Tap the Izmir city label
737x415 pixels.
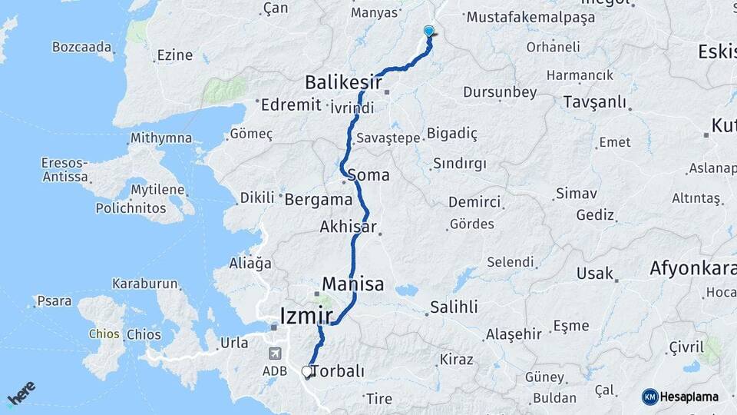coord(306,315)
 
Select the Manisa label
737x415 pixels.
coord(352,284)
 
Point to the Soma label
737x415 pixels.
coord(368,175)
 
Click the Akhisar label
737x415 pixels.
coord(349,227)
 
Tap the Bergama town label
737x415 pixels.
coord(318,200)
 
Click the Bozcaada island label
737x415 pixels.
coord(82,47)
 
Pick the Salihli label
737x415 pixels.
coord(453,307)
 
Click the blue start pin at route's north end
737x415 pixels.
coord(429,32)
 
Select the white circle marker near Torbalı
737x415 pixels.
coord(307,372)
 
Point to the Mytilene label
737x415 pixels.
coord(158,189)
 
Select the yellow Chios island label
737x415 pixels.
coord(104,334)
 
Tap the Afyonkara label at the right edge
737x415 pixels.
coord(692,268)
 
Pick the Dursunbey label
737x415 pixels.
coord(500,92)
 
